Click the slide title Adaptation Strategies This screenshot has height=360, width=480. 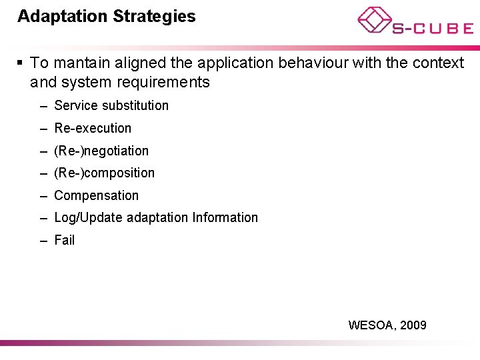click(x=107, y=17)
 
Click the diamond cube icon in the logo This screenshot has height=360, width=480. click(x=375, y=19)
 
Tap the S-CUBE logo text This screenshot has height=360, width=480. click(x=432, y=28)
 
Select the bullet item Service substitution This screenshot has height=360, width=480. click(x=111, y=105)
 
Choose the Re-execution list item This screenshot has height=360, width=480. click(x=93, y=128)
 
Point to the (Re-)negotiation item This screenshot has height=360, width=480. click(x=101, y=151)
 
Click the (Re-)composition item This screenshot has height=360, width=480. click(x=104, y=173)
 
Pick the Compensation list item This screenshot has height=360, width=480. click(x=96, y=195)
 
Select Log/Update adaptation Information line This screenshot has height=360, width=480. click(x=155, y=217)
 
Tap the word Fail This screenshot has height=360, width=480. click(x=65, y=240)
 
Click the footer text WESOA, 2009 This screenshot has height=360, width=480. click(x=387, y=325)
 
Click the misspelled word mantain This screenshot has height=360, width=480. click(x=79, y=63)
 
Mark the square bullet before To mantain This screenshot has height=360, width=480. click(x=21, y=63)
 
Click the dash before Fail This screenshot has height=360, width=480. click(x=43, y=240)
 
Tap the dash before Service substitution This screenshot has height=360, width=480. click(x=43, y=105)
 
